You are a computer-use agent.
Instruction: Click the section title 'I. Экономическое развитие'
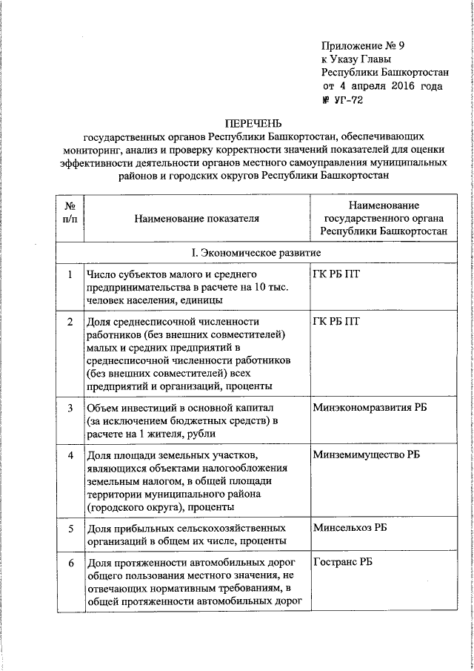pos(251,254)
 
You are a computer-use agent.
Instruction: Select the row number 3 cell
pos(69,408)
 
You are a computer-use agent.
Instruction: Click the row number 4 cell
pos(69,455)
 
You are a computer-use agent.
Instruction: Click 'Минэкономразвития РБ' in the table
pos(370,408)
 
